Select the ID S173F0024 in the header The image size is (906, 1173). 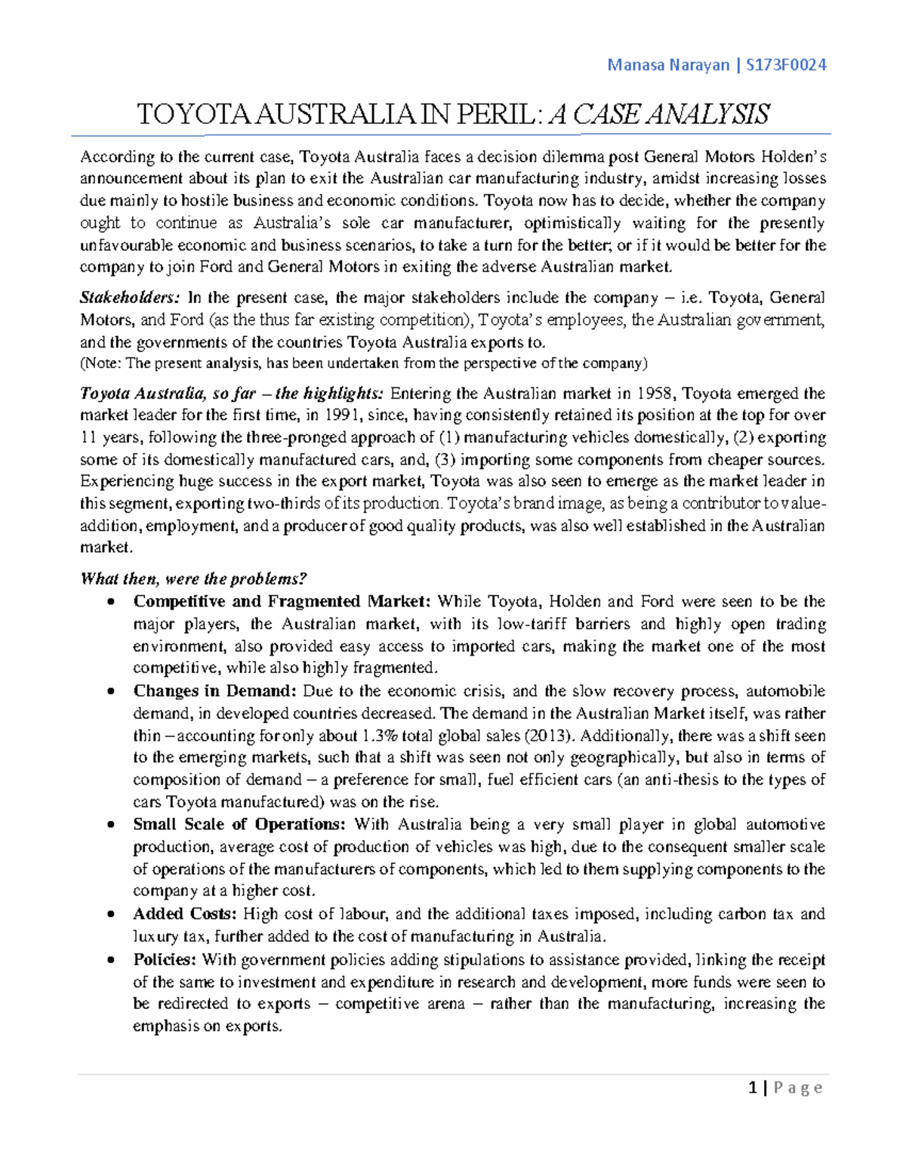(786, 65)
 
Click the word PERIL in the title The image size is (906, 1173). (495, 115)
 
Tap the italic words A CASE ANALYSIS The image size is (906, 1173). (658, 115)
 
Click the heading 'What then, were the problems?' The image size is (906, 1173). (193, 579)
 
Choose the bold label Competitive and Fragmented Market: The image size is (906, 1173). (282, 602)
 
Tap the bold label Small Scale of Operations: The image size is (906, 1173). (239, 825)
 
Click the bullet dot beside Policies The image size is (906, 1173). (112, 961)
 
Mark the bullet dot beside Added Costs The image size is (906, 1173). (112, 915)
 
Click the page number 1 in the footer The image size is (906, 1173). (752, 1088)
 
